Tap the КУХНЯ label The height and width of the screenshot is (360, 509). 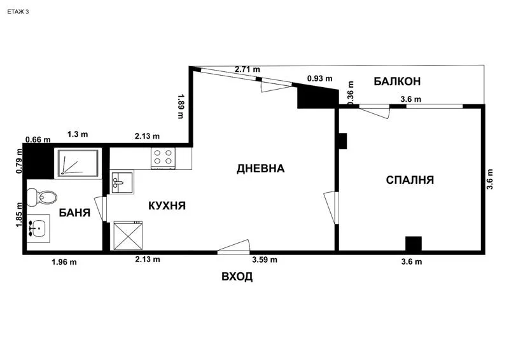point(167,205)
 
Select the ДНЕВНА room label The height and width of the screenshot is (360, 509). point(260,169)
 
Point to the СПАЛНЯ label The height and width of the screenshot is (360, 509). point(410,180)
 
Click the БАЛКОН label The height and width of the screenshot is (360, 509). point(397,81)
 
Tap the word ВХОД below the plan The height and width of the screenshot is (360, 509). point(237,277)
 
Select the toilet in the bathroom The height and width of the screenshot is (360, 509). point(42,198)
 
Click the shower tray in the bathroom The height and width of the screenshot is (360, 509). point(77,162)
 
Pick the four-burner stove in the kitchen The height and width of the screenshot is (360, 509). point(163,157)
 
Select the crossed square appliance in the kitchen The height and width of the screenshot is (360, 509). point(127,236)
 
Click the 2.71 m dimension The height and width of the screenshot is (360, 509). point(248,69)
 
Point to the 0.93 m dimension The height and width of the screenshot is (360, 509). point(319,78)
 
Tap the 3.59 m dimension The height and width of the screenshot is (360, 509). point(264,260)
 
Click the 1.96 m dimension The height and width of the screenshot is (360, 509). point(64,261)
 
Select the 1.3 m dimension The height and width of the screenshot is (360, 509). point(78,135)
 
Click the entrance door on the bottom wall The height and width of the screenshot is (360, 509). point(234,248)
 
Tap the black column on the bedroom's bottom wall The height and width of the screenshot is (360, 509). point(414,244)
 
